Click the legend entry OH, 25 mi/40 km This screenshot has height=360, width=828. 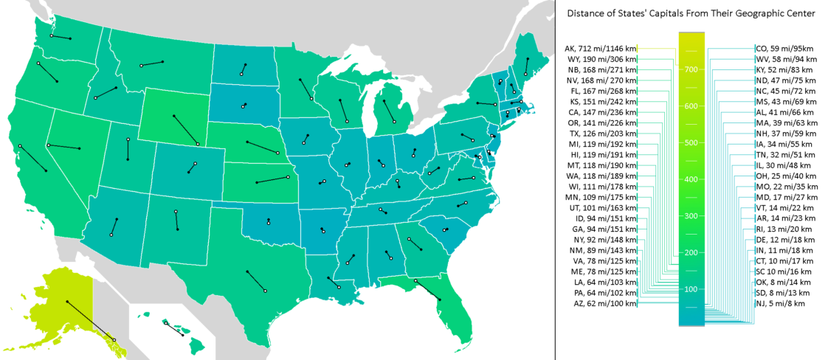(x=785, y=176)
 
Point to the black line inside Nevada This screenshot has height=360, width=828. (x=63, y=147)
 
